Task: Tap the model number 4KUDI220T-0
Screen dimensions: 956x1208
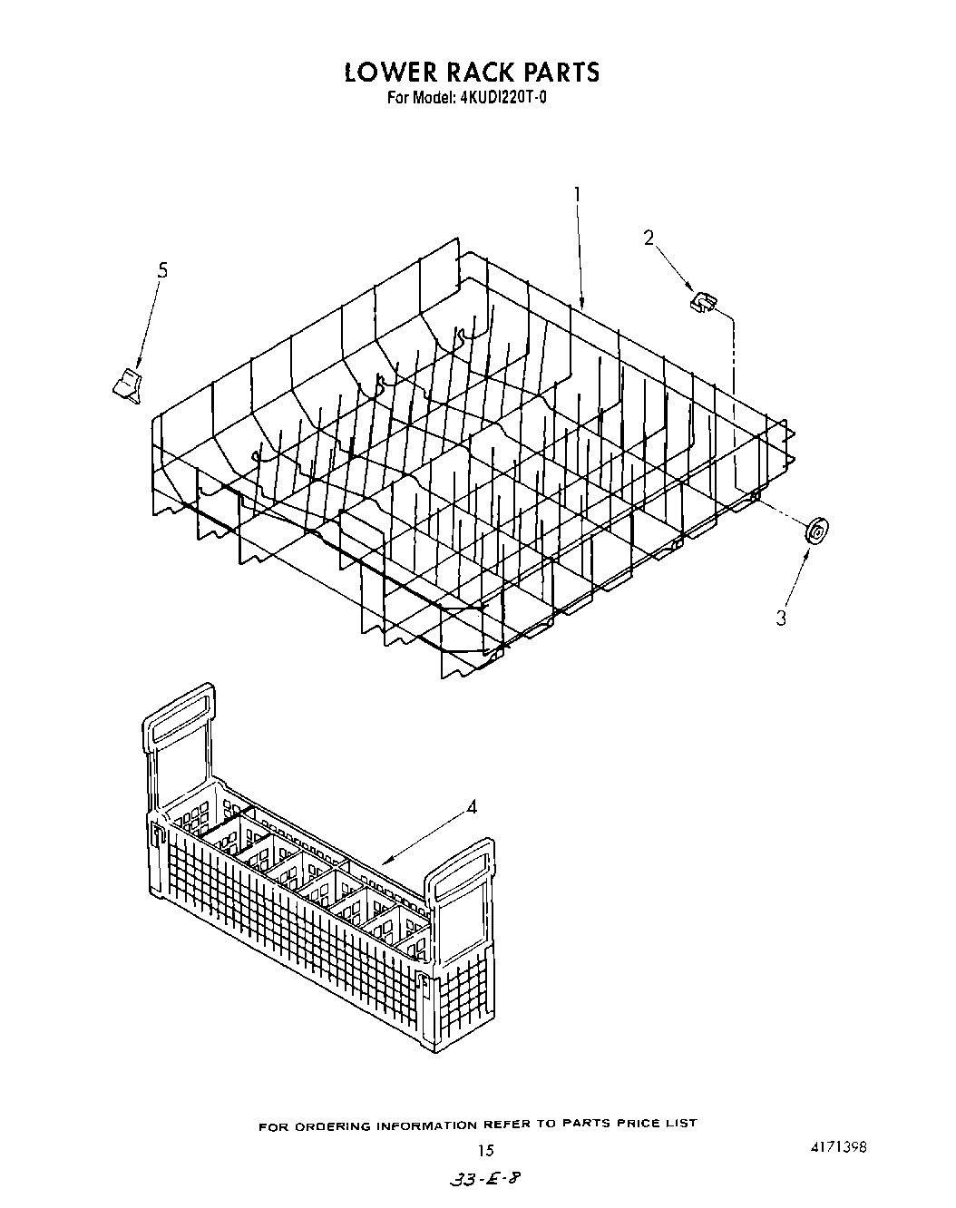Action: tap(503, 98)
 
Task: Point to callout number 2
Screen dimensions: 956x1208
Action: tap(649, 238)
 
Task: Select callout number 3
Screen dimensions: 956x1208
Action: tap(781, 618)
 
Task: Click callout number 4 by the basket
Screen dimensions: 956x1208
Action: tap(472, 806)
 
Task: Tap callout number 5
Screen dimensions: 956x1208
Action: tap(162, 270)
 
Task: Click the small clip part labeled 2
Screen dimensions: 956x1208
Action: tap(703, 302)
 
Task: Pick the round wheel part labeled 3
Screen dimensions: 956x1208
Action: tap(817, 531)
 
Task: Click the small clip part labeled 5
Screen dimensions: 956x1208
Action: tap(128, 385)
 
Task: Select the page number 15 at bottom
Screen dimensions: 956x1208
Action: tap(485, 1150)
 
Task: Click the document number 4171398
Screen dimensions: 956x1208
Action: tap(837, 1147)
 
